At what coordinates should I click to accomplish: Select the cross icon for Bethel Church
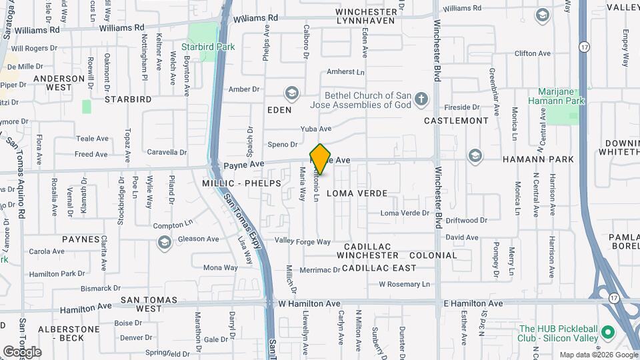[x=421, y=100]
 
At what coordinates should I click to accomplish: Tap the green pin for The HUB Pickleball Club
[x=607, y=331]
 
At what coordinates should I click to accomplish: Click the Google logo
[x=22, y=351]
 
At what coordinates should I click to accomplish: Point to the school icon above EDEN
[x=291, y=93]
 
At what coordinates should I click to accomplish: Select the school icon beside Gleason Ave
[x=164, y=242]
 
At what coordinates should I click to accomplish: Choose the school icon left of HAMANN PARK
[x=475, y=156]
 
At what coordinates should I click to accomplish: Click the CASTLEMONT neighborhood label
[x=457, y=121]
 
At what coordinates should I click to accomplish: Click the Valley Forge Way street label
[x=303, y=241]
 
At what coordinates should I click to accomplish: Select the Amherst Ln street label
[x=345, y=72]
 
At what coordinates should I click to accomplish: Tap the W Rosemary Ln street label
[x=404, y=284]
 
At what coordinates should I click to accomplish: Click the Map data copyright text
[x=598, y=355]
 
